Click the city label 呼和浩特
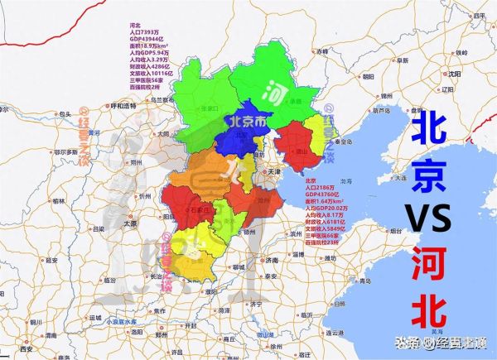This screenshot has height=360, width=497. point(121,106)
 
